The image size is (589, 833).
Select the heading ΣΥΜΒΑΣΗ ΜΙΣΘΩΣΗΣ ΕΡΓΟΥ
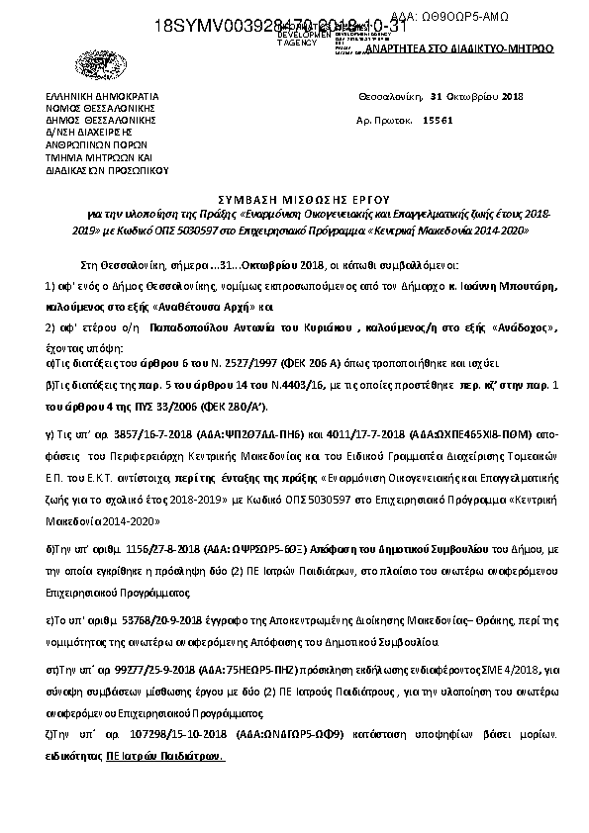tap(295, 197)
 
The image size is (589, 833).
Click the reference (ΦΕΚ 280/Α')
tap(243, 407)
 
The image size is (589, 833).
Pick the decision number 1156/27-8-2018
tap(164, 546)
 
